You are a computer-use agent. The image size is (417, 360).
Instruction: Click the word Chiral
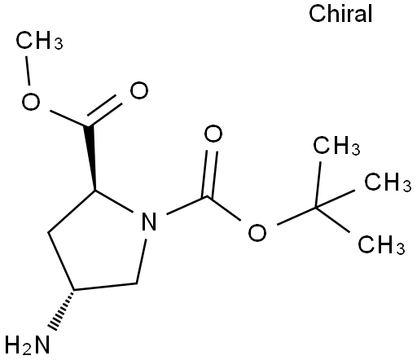point(340,14)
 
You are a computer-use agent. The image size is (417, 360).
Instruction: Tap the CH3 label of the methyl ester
point(39,41)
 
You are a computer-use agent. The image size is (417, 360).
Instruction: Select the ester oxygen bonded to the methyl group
point(31,102)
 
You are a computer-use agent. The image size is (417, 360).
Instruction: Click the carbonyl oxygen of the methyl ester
point(139,90)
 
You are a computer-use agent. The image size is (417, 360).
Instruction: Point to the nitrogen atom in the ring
point(149,222)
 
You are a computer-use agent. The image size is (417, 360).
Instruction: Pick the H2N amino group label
point(27,345)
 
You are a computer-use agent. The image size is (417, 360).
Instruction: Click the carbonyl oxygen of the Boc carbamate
point(213,134)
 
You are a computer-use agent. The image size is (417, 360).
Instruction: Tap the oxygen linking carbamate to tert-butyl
point(257,232)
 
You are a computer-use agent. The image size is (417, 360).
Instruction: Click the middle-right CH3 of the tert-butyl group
point(388,182)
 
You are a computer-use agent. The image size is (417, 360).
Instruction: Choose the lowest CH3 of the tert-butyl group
point(381,244)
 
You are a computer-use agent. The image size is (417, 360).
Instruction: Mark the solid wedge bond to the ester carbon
point(91,157)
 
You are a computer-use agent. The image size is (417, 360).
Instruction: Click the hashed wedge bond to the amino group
point(62,310)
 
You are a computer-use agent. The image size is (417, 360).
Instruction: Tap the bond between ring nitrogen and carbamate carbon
point(187,205)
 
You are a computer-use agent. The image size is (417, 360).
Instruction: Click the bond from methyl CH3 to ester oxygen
point(28,71)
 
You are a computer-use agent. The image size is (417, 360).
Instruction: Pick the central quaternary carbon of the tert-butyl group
point(316,208)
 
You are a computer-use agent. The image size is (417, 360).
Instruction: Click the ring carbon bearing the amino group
point(73,290)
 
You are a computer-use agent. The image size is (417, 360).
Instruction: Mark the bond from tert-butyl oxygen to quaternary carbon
point(296,216)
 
